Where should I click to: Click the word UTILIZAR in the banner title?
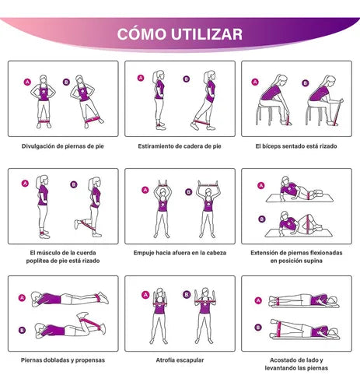pos(207,34)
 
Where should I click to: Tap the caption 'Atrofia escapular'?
pos(180,360)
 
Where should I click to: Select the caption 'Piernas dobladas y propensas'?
pos(63,360)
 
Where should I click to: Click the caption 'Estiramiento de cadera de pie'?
pos(180,146)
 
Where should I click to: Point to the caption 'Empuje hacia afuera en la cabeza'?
pos(180,253)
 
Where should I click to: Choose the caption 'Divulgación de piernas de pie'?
pos(63,146)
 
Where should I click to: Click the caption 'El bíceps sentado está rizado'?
pos(296,146)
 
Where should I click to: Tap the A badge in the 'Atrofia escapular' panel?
pos(145,295)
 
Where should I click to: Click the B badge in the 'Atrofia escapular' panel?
pos(187,295)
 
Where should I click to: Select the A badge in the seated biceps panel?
pos(255,82)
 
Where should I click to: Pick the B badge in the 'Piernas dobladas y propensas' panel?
pos(22,330)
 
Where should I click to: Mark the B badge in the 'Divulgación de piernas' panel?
pos(66,82)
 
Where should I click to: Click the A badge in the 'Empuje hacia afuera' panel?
pos(145,190)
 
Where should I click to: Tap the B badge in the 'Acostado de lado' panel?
pos(258,328)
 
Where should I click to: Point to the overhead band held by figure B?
pos(208,185)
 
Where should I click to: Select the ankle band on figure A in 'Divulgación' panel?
pos(44,121)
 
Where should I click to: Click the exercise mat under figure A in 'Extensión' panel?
pos(300,198)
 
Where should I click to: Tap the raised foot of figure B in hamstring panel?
pos(77,224)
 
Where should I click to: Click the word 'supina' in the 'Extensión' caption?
pos(313,261)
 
